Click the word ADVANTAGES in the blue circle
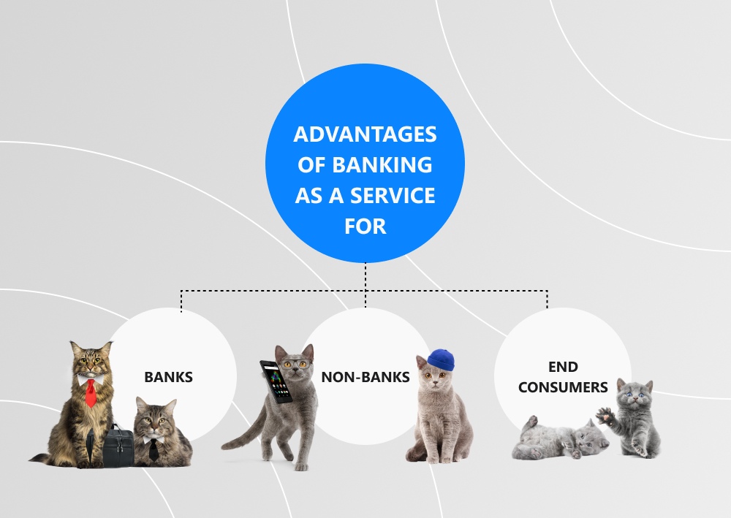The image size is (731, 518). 365,134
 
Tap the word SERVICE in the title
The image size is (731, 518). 393,196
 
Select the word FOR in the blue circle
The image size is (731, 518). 365,226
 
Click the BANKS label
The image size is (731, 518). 168,377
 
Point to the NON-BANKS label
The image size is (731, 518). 365,377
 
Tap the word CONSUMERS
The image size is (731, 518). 563,387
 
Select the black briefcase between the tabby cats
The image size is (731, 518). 118,446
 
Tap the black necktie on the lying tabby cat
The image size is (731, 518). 154,449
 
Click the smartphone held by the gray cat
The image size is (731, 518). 276,381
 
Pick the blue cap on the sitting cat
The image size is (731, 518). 441,360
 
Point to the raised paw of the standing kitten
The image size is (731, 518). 605,415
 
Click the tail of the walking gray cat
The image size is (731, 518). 243,433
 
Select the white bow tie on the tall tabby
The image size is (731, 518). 89,378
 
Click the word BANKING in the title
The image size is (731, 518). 382,165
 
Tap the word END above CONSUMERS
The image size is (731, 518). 563,367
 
